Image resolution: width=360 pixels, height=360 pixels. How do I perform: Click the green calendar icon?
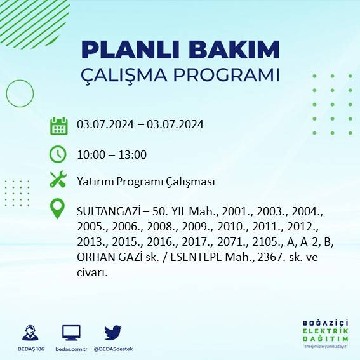tap(58, 126)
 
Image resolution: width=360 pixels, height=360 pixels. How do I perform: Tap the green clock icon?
tap(58, 154)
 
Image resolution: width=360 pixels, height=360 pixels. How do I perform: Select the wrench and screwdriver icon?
tap(58, 180)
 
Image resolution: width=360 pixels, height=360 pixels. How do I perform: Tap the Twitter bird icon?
tap(113, 333)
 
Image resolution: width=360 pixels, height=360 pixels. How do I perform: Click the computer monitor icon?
tap(71, 333)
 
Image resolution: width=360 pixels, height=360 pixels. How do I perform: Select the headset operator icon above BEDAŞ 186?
tap(29, 333)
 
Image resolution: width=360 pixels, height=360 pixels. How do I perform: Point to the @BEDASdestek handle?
tap(112, 349)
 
